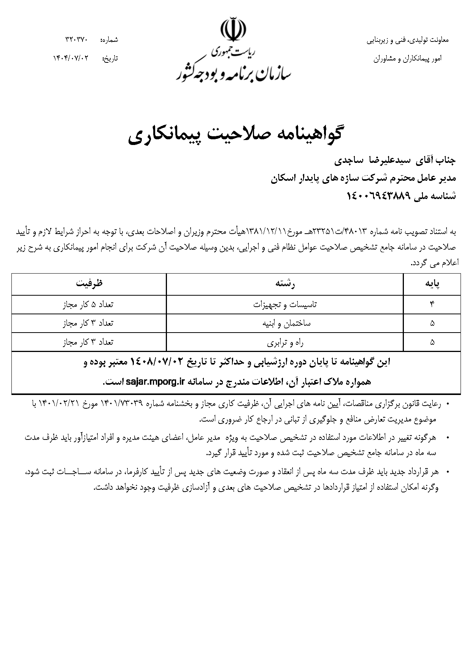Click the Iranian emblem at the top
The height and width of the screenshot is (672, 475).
(234, 29)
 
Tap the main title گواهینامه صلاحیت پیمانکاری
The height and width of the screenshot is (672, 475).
(235, 136)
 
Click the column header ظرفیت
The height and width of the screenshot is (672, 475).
(89, 284)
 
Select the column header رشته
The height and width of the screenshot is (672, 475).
(285, 284)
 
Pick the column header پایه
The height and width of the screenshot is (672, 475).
(432, 284)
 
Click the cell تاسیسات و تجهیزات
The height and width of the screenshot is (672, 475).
(285, 305)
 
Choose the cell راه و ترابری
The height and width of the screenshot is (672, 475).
(285, 342)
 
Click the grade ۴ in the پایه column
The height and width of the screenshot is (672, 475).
(432, 305)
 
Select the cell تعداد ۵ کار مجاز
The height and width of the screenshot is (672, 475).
(88, 305)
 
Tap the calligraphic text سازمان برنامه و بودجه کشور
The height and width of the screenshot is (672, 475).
(234, 73)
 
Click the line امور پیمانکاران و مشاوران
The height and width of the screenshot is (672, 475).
(407, 59)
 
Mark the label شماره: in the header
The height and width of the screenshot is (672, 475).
(109, 40)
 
